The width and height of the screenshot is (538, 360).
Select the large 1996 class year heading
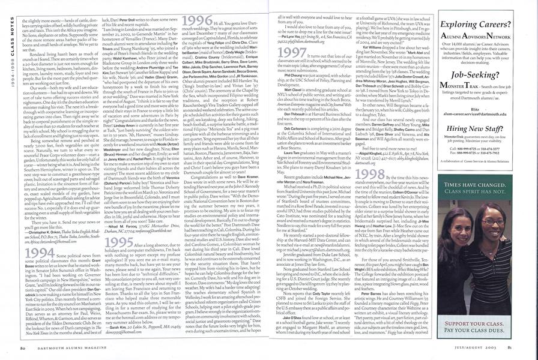pos(192,20)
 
